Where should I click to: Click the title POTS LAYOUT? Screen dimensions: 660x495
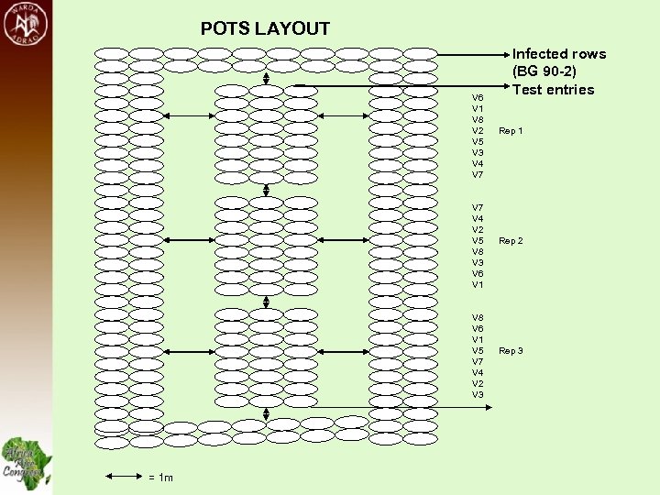[x=265, y=29]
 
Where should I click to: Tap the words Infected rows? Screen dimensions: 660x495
[x=558, y=54]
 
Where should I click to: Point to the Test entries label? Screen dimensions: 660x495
[x=553, y=89]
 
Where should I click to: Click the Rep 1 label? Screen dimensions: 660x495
[x=511, y=131]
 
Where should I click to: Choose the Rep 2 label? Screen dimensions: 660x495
[x=511, y=241]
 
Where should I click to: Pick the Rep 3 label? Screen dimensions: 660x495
[x=511, y=351]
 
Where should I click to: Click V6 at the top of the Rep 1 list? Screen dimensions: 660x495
[x=478, y=97]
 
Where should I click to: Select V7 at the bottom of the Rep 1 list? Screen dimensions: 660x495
[x=478, y=174]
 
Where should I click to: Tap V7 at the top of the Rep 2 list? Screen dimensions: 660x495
[x=478, y=208]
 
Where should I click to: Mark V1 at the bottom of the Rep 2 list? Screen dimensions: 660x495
[x=478, y=285]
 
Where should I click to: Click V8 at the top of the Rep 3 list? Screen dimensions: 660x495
[x=478, y=317]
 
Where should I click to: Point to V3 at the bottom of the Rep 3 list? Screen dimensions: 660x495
[x=478, y=394]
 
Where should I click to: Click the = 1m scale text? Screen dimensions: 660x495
[x=160, y=478]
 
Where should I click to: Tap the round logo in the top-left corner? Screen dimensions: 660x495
[x=26, y=25]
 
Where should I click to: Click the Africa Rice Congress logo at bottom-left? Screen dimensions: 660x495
[x=26, y=461]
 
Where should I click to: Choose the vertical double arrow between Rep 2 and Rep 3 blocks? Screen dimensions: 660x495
[x=266, y=301]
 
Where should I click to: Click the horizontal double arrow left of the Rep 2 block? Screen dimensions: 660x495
[x=190, y=241]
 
